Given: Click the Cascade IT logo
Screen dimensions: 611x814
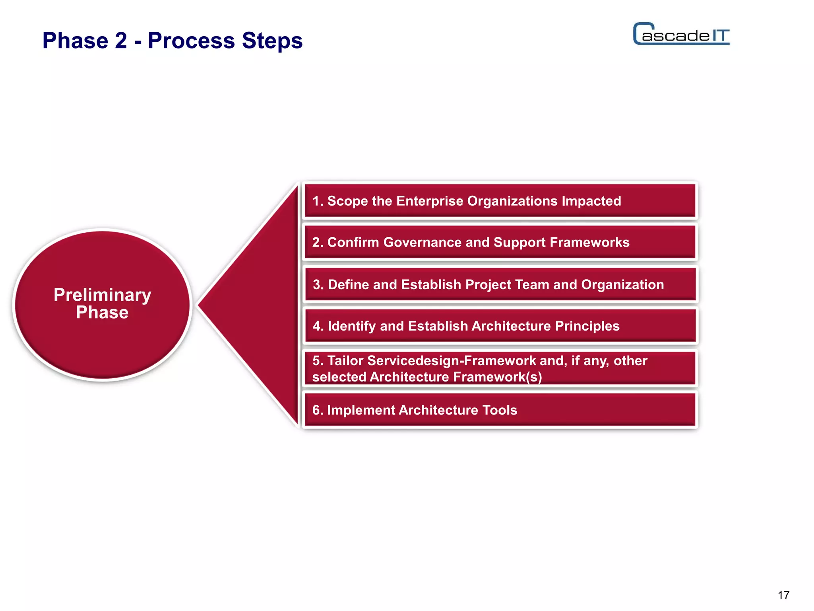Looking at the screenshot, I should [x=681, y=34].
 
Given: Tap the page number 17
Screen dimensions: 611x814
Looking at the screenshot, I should [x=783, y=595].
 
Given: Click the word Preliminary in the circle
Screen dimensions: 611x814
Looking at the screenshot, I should [x=102, y=295].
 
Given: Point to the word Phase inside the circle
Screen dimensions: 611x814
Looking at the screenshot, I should [x=102, y=313].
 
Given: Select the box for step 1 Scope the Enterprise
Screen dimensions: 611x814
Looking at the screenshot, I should [x=500, y=201].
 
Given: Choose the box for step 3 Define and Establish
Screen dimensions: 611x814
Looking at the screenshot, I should [x=500, y=284].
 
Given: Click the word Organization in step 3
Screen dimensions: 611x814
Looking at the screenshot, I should [x=622, y=284].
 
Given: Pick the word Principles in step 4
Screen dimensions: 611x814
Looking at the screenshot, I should [x=587, y=326].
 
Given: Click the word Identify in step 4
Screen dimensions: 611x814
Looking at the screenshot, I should [x=352, y=326].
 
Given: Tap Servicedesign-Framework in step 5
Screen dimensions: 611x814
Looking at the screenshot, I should [x=452, y=360].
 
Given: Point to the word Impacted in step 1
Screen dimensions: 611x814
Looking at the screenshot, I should [x=591, y=201].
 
